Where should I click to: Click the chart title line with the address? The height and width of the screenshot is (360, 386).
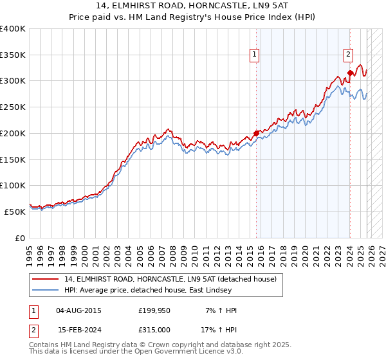point(192,6)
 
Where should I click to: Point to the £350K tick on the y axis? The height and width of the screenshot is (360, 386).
point(13,55)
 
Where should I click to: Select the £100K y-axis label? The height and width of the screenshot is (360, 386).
point(13,185)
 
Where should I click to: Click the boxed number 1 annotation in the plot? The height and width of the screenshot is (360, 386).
point(255,55)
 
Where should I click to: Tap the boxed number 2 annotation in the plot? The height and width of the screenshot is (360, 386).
point(349,55)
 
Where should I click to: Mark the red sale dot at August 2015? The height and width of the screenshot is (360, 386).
point(256,134)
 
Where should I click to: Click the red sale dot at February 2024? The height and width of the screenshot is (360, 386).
point(349,73)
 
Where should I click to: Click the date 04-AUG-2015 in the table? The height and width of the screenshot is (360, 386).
point(78,310)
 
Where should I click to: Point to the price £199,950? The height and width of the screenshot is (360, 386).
point(154,310)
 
